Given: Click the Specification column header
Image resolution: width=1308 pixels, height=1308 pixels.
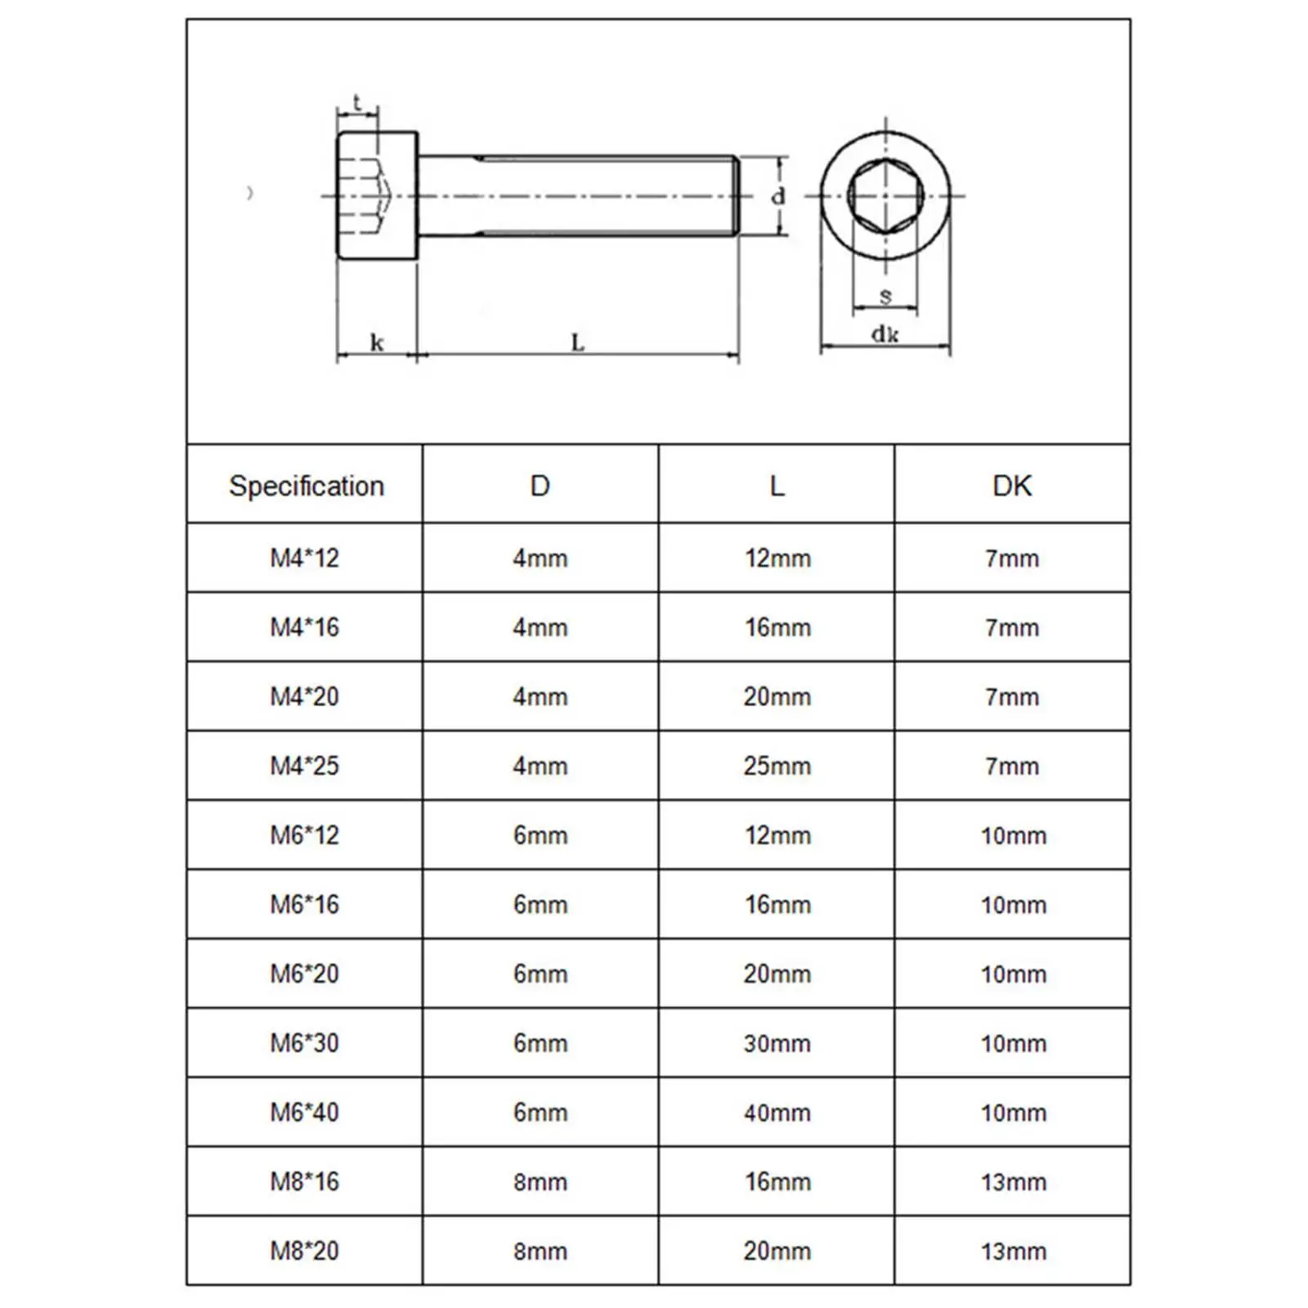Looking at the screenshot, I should (x=306, y=486).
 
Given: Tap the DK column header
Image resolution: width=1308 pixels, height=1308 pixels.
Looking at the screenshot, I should (x=1012, y=486).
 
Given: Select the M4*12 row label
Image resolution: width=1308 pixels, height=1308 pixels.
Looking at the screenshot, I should (x=304, y=558).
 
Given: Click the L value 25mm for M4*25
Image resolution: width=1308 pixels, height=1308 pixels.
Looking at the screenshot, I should (x=777, y=766).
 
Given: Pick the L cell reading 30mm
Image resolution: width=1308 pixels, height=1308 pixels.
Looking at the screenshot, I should (x=777, y=1043).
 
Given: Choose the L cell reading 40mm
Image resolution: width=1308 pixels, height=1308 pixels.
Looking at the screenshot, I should (x=777, y=1113).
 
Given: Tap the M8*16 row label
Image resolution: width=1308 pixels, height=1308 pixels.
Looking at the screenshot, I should (x=304, y=1181).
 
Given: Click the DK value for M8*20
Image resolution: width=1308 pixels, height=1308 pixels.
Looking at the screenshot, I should (x=1013, y=1251).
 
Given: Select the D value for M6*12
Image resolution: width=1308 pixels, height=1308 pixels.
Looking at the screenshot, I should (x=540, y=835).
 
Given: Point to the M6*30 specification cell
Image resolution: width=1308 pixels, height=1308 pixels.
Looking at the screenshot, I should (x=304, y=1043).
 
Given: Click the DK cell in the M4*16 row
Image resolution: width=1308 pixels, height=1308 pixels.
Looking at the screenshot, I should (x=1012, y=628).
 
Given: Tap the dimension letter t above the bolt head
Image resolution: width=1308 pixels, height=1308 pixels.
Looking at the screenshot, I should (x=357, y=103).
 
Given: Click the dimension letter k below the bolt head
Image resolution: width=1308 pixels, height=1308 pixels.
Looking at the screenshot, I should (x=377, y=342).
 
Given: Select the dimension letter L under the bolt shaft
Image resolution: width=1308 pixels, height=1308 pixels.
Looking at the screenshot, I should (x=577, y=342).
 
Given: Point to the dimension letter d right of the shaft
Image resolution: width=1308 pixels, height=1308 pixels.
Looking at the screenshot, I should (x=778, y=196).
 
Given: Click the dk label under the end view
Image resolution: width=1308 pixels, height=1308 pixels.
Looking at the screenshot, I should (x=885, y=334).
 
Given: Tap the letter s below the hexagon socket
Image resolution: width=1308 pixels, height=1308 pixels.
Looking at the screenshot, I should (x=885, y=296).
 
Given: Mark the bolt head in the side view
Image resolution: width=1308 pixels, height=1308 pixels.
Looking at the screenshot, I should (x=377, y=196).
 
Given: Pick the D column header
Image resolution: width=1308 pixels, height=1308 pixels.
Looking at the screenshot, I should (x=540, y=486).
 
